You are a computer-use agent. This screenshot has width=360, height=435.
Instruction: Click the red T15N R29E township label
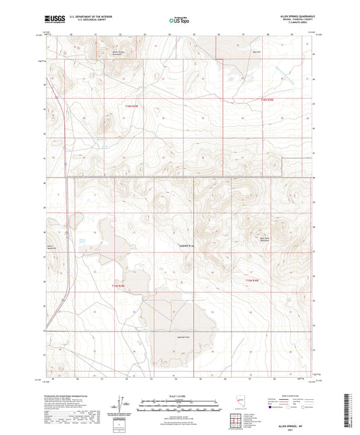pos(118,286)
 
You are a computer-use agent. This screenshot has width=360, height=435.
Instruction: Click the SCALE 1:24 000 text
pos(179,396)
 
